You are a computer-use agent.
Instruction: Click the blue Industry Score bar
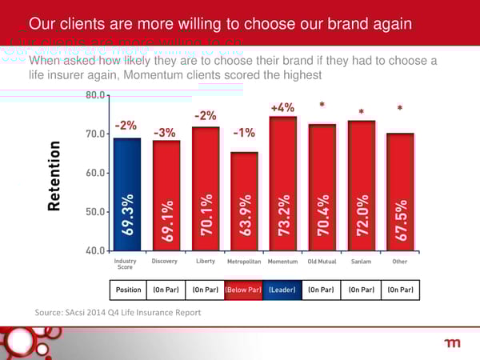(127, 193)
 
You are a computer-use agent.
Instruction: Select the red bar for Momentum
(283, 182)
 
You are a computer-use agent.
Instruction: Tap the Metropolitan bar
(244, 200)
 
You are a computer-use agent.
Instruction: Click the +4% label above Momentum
(282, 107)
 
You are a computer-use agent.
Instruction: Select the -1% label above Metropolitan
(244, 132)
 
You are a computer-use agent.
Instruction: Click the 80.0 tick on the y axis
(95, 94)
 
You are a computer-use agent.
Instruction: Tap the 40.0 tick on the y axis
(95, 250)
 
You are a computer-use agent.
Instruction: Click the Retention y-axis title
(54, 175)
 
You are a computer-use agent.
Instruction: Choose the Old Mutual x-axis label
(322, 262)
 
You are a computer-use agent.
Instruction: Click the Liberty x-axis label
(205, 262)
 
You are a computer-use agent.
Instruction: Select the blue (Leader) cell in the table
(283, 288)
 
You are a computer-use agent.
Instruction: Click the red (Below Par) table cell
(244, 288)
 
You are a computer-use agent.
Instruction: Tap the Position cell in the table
(128, 288)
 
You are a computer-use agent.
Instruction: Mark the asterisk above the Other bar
(399, 108)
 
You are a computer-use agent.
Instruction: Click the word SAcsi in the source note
(81, 312)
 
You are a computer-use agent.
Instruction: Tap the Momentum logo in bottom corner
(452, 343)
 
